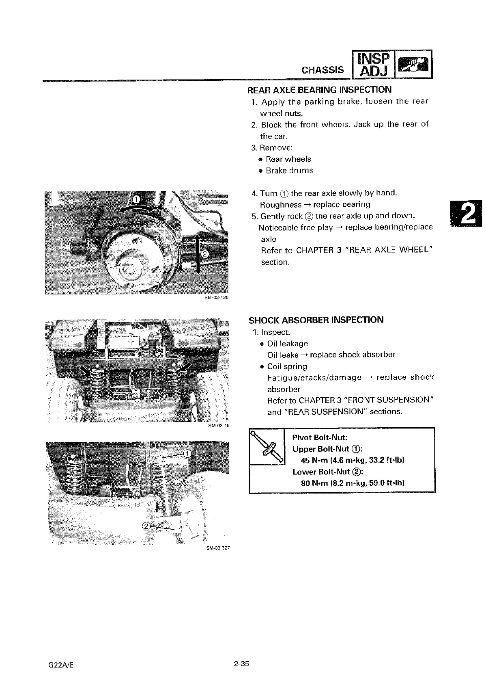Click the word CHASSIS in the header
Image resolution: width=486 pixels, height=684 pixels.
pos(323,69)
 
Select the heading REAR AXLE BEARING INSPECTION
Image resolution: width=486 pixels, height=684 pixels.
pos(320,89)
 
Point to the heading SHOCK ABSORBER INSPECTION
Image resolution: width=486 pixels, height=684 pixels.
pos(316,320)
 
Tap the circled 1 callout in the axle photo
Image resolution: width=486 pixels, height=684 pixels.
pos(137,199)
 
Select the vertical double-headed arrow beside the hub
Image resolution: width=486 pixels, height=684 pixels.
pos(198,254)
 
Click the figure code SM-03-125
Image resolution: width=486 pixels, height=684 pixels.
pos(217,297)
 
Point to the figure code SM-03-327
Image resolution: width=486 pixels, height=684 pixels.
pos(218,548)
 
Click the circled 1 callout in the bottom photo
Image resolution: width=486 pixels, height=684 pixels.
pos(187,453)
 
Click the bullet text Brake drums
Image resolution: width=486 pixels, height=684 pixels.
pos(289,171)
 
